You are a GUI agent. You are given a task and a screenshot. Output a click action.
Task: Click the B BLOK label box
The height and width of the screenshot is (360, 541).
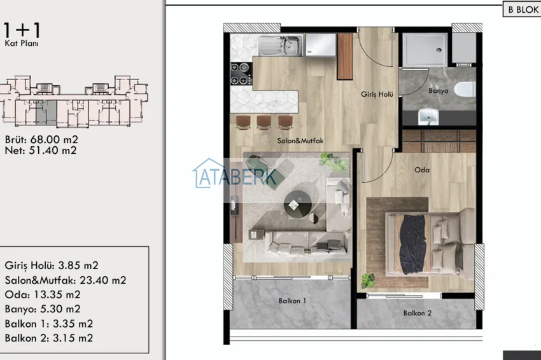click(522, 10)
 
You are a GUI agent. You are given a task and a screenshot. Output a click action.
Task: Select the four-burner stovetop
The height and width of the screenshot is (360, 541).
click(241, 73)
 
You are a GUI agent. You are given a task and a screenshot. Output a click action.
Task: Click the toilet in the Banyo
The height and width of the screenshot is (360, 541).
click(465, 89)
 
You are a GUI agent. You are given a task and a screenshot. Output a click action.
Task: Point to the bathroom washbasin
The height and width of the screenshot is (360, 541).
click(428, 116)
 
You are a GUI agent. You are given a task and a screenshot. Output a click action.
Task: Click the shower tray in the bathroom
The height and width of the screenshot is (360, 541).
click(425, 50)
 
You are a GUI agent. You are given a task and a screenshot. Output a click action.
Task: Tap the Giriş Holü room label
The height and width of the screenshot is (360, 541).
click(377, 94)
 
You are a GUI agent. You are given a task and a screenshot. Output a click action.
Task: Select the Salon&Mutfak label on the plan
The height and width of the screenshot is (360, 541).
click(300, 141)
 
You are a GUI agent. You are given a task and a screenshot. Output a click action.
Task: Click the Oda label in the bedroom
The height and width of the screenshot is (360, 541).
click(422, 170)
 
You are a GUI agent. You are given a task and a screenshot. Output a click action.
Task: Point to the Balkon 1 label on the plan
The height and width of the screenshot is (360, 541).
click(292, 301)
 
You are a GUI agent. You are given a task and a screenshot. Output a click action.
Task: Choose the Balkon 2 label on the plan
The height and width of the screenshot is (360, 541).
click(418, 313)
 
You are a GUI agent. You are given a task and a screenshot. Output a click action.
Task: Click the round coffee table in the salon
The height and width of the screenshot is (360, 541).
click(297, 204)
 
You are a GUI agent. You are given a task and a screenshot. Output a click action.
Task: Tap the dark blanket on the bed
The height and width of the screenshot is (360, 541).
click(412, 244)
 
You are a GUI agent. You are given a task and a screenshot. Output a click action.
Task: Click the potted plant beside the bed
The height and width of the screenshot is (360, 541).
click(368, 280)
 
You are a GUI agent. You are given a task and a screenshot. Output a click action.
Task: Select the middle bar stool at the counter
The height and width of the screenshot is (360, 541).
click(264, 122)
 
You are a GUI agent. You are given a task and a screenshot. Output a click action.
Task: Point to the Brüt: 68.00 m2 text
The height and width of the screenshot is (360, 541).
click(41, 139)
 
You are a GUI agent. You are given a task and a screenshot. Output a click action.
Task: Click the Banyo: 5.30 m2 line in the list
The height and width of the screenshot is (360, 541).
click(43, 308)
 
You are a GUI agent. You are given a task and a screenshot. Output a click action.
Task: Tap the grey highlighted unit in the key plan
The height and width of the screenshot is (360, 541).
click(46, 113)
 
